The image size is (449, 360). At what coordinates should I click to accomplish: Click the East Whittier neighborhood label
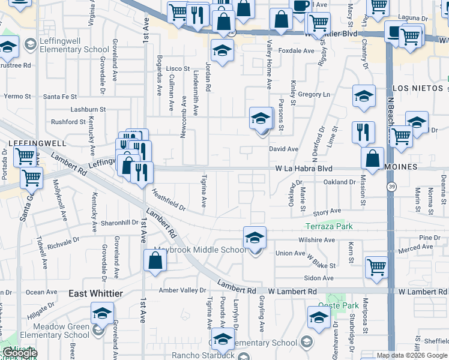coord(95,293)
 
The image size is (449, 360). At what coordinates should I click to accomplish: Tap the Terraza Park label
coord(329,227)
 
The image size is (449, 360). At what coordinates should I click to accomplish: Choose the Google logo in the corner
coord(19,353)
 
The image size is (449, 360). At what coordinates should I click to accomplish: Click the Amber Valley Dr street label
coord(182,290)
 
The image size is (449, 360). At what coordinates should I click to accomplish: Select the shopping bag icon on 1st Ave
coord(155,261)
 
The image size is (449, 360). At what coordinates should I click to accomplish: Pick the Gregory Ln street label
coord(314,95)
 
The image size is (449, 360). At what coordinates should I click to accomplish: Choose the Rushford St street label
coord(69,122)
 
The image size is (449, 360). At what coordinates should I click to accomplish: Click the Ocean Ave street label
coord(41,292)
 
